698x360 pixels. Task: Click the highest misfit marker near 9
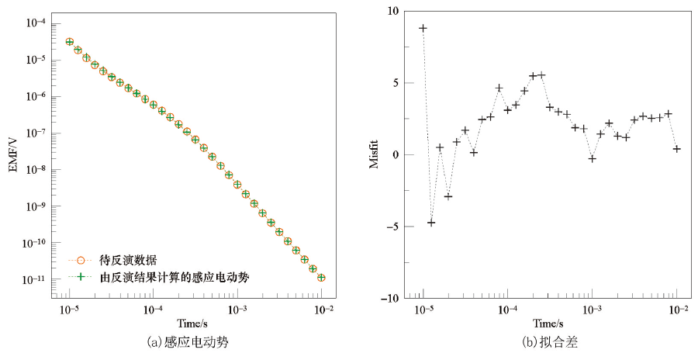423,28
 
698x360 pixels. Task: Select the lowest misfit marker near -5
431,223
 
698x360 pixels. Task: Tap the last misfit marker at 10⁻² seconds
677,149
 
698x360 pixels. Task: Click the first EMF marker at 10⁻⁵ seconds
70,42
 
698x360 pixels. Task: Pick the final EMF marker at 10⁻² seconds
321,278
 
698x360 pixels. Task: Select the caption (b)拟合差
550,341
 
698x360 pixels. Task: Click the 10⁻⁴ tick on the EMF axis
34,23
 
